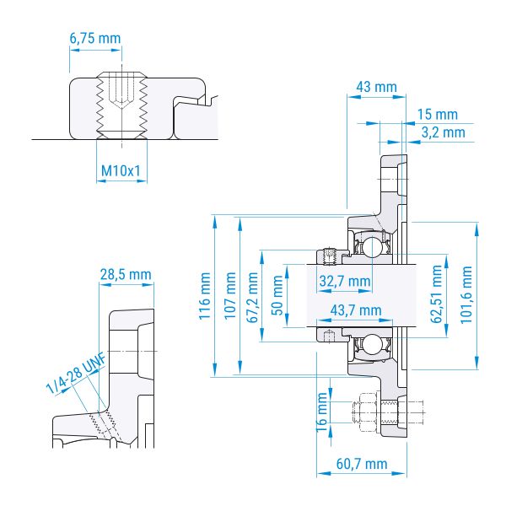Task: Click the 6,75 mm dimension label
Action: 95,39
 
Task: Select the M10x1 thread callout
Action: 121,170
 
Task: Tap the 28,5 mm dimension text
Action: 126,275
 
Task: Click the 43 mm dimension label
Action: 376,87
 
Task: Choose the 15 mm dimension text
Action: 438,114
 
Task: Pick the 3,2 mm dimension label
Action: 443,132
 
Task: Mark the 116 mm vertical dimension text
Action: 205,296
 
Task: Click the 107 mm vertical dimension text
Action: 230,296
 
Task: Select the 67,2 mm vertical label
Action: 252,297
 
